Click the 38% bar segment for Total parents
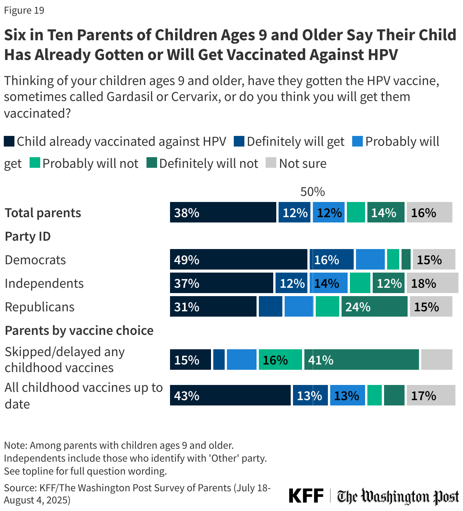pos(223,212)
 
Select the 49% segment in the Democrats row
pos(238,259)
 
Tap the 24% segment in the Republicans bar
pos(374,306)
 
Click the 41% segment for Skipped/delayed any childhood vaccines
pos(361,360)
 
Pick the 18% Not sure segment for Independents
pos(432,283)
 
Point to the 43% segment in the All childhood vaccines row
pos(230,395)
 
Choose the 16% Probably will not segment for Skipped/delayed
pos(280,360)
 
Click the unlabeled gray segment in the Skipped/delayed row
pos(436,360)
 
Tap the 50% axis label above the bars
pos(312,192)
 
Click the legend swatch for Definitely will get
pos(239,141)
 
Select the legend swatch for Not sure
pos(271,163)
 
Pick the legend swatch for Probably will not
pos(35,163)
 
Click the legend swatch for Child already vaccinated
pos(9,141)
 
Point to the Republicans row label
pos(39,307)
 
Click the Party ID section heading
pos(28,236)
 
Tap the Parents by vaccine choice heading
pos(79,330)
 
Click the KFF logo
pos(306,496)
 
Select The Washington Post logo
pos(398,496)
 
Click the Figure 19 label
pos(24,10)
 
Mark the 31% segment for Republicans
pos(213,306)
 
